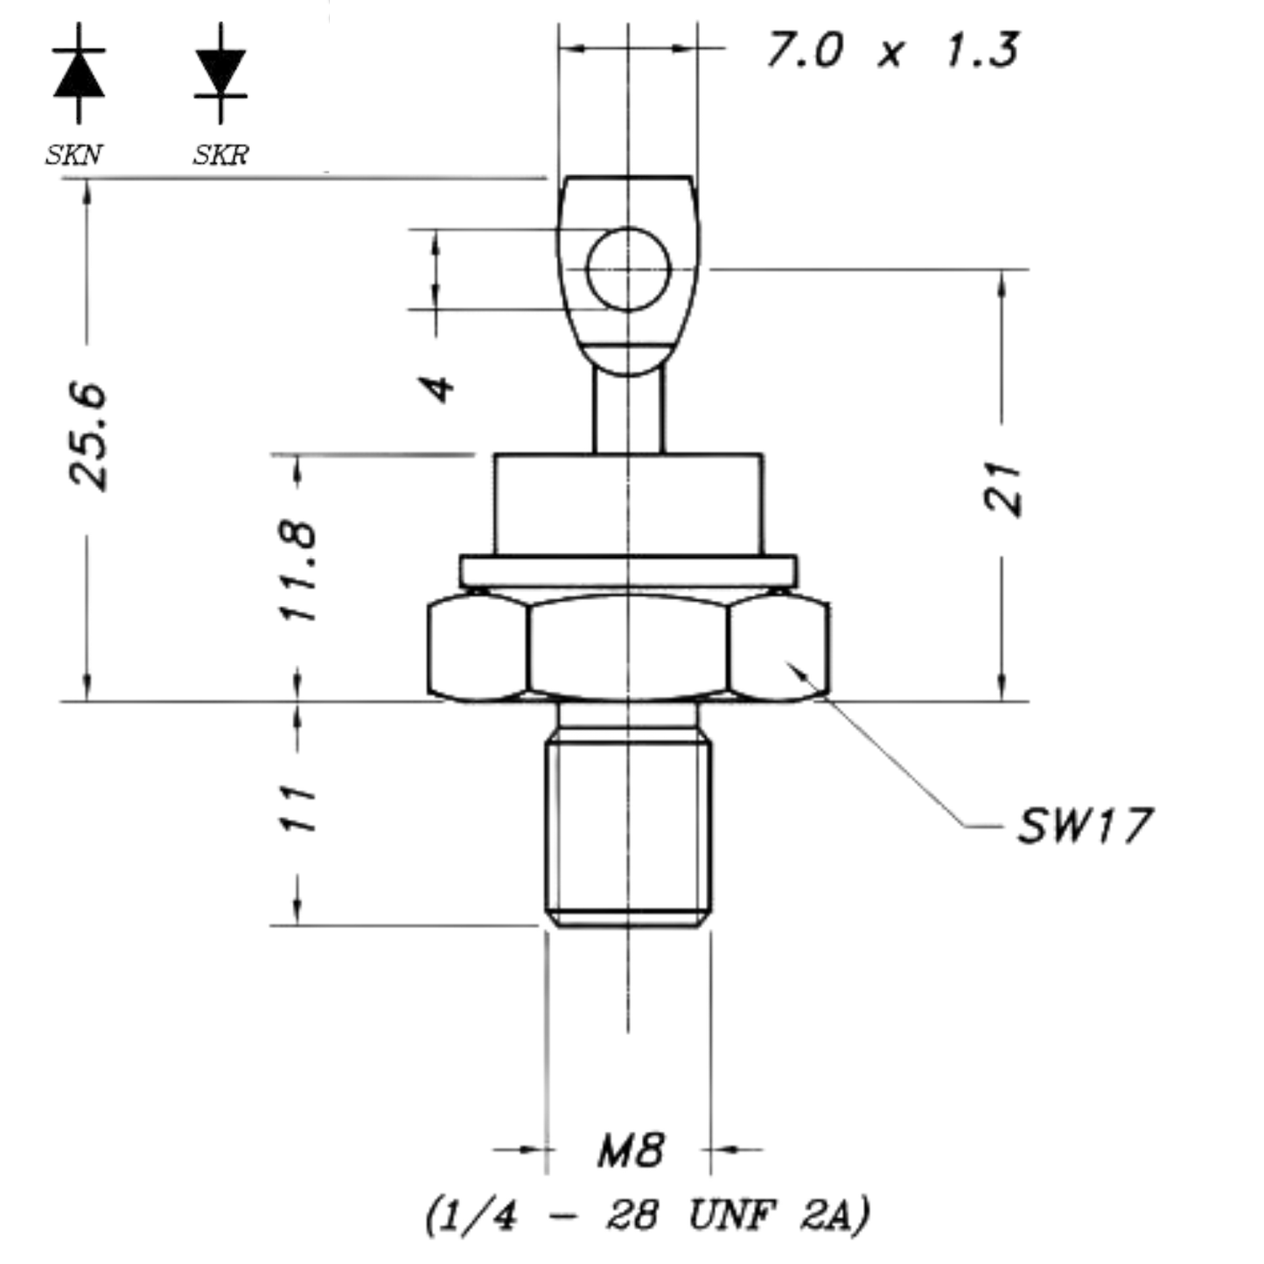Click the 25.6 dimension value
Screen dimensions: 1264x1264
[87, 436]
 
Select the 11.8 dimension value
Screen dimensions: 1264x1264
[298, 571]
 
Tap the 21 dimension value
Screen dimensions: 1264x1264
[1002, 488]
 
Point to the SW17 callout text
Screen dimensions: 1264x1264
[1085, 826]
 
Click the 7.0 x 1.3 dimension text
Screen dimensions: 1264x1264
[893, 49]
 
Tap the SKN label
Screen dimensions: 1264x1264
[73, 156]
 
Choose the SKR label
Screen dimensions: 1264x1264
[221, 156]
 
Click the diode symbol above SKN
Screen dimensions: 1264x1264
[79, 73]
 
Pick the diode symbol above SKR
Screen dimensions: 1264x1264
[220, 73]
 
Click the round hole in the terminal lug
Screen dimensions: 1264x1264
[628, 269]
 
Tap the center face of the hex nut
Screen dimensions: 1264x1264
[628, 646]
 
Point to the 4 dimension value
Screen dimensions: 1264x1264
[436, 388]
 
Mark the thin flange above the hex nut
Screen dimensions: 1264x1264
[628, 571]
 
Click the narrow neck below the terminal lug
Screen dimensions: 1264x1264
[628, 410]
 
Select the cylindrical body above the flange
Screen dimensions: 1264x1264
[628, 505]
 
